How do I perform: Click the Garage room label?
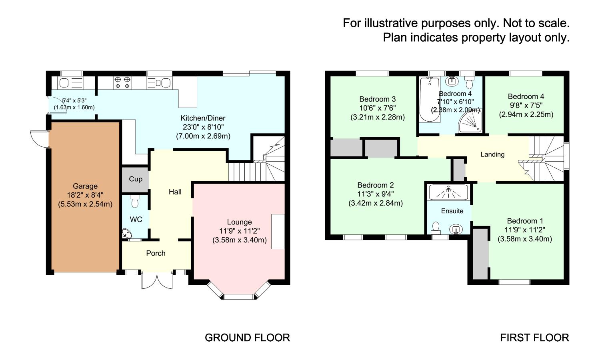point(85,186)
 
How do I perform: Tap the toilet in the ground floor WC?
point(134,202)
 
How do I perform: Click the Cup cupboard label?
point(136,179)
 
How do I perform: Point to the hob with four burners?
point(122,82)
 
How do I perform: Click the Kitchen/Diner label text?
point(203,118)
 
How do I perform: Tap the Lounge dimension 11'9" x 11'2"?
point(239,231)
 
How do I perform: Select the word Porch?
point(156,253)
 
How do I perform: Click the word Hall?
point(175,192)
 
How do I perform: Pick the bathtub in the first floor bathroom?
point(430,100)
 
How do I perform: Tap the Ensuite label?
point(452,211)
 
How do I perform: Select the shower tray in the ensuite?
point(448,192)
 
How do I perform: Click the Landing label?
point(492,154)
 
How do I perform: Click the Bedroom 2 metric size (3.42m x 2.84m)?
point(376,203)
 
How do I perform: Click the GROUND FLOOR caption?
point(247,338)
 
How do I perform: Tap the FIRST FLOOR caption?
point(534,338)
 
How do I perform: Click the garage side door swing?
point(38,138)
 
